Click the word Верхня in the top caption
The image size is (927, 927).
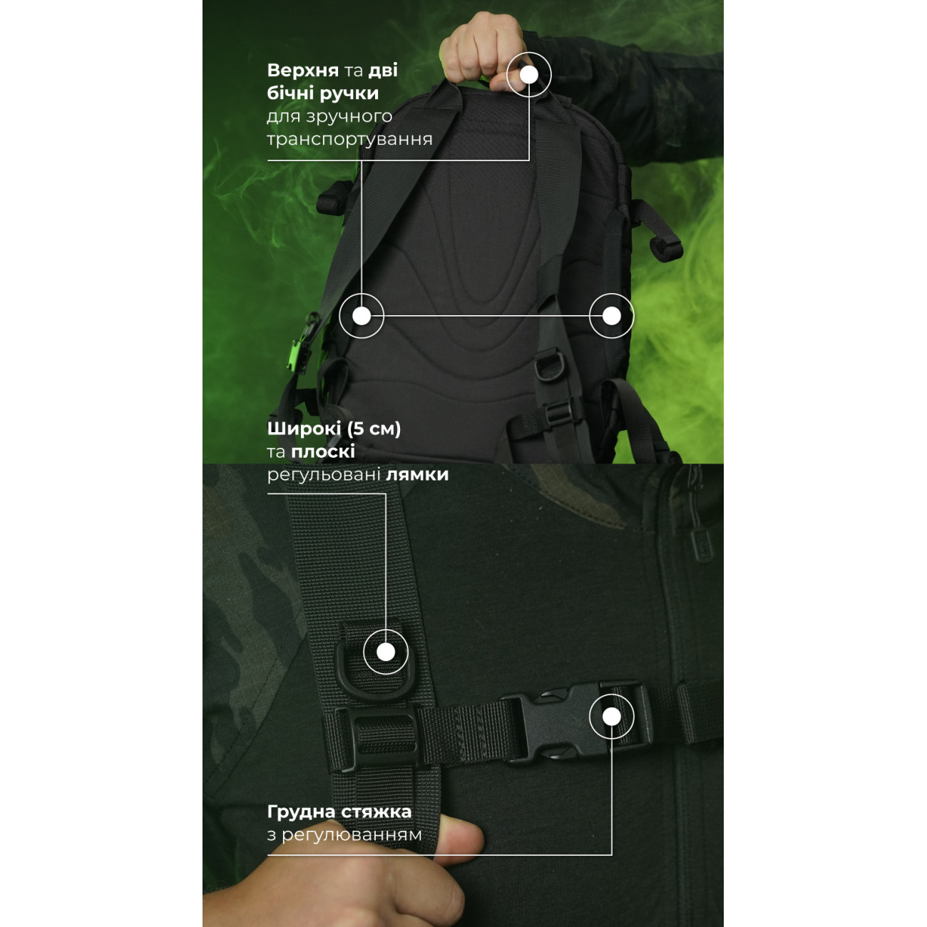click(302, 70)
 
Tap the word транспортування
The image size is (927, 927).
click(349, 140)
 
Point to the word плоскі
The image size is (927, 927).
click(323, 451)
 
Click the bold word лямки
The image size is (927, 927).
click(418, 475)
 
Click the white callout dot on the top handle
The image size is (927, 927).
click(528, 75)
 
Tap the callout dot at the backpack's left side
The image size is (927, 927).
click(362, 316)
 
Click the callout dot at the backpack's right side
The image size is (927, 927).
click(611, 316)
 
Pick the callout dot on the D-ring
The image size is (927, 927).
click(386, 652)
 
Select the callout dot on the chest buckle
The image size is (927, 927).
click(611, 717)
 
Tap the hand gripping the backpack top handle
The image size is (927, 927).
click(486, 51)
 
